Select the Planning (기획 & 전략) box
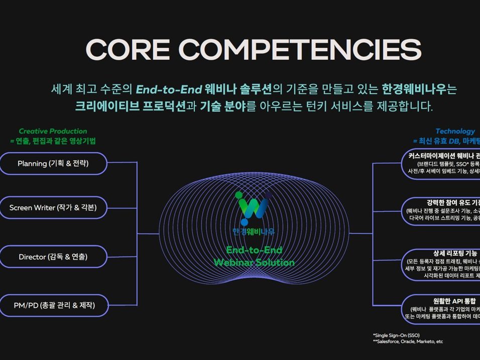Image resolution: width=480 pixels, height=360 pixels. [53, 164]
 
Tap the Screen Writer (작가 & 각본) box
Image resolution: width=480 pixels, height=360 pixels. [53, 207]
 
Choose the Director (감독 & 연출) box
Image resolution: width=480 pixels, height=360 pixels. [53, 257]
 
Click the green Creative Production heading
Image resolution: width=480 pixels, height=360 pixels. [53, 131]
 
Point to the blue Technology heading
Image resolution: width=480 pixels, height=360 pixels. [455, 131]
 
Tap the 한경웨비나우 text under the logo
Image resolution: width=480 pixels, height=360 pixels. [254, 231]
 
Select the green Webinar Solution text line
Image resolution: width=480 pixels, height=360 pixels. [254, 263]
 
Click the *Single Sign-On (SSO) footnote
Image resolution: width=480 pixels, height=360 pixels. [396, 335]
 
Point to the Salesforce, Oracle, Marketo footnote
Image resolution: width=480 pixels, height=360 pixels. [408, 341]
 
